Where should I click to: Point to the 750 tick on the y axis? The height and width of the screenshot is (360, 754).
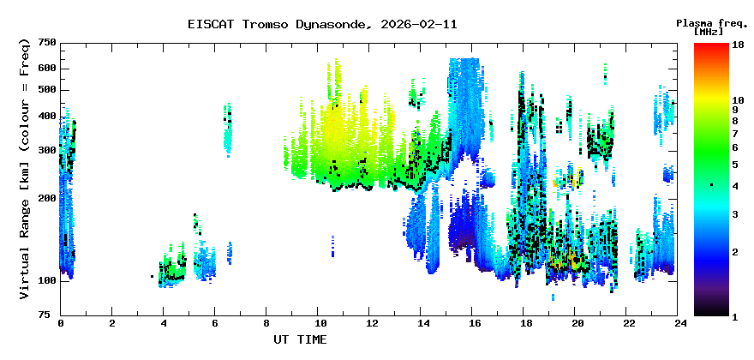pos(46,43)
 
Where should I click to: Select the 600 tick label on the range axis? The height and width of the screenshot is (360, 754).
pos(46,68)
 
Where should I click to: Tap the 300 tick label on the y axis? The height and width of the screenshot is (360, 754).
pos(46,150)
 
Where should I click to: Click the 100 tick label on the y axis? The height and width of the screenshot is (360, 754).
pos(46,280)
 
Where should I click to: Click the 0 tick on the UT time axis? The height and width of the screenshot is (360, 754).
pos(61,324)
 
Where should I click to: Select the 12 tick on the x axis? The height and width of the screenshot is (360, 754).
pos(369,324)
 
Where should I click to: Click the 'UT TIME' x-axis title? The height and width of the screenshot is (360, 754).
pos(300,339)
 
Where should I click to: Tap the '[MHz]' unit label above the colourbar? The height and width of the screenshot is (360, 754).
pos(709,32)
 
